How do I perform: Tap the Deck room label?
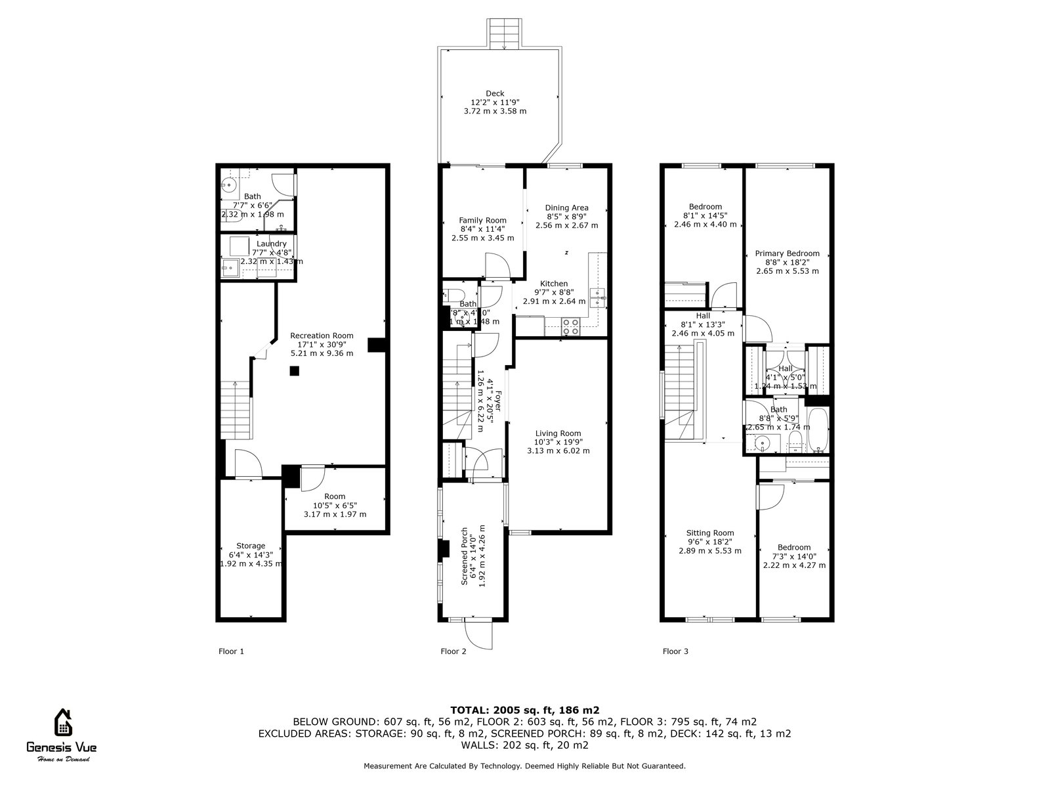(495, 93)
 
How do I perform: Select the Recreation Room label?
(322, 336)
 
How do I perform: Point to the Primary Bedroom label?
(787, 253)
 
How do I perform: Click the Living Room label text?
(558, 433)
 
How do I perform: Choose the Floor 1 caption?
(231, 651)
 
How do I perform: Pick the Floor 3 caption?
(675, 651)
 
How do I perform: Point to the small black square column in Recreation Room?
(295, 371)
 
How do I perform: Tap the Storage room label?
(251, 546)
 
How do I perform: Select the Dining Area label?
(567, 208)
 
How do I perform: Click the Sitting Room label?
(710, 533)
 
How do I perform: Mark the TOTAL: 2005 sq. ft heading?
(524, 710)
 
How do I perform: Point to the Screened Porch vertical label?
(465, 556)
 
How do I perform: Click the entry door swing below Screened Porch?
(478, 634)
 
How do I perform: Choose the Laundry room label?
(271, 244)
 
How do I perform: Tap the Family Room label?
(482, 221)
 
